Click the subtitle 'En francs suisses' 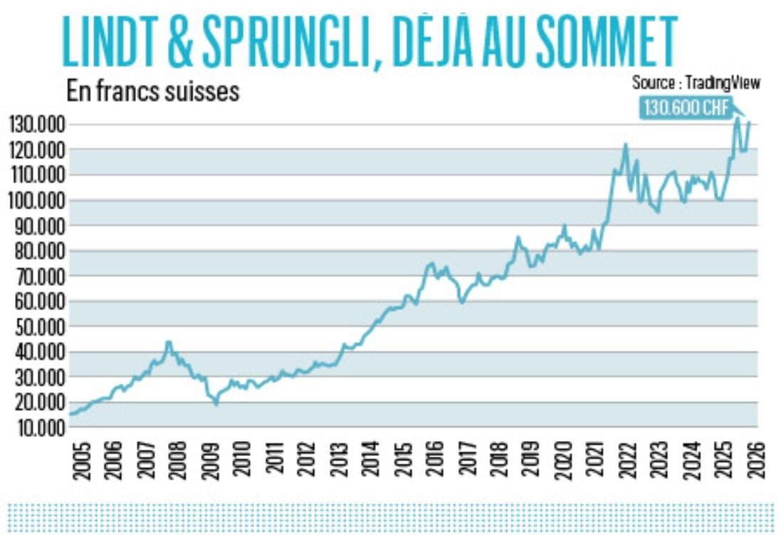153,92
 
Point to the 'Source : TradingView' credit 696,83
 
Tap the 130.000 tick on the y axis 38,125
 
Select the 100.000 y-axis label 38,201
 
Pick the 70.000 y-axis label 38,277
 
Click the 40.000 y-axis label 38,352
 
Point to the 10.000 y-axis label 38,427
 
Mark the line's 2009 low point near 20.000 216,403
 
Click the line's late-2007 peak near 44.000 168,342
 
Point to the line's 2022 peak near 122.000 625,145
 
